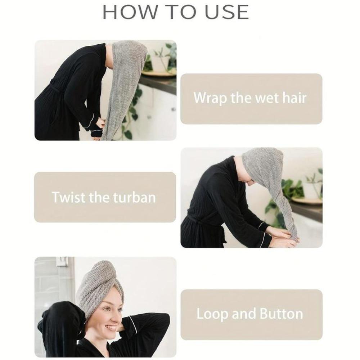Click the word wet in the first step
(261, 98)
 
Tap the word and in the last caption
(244, 314)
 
